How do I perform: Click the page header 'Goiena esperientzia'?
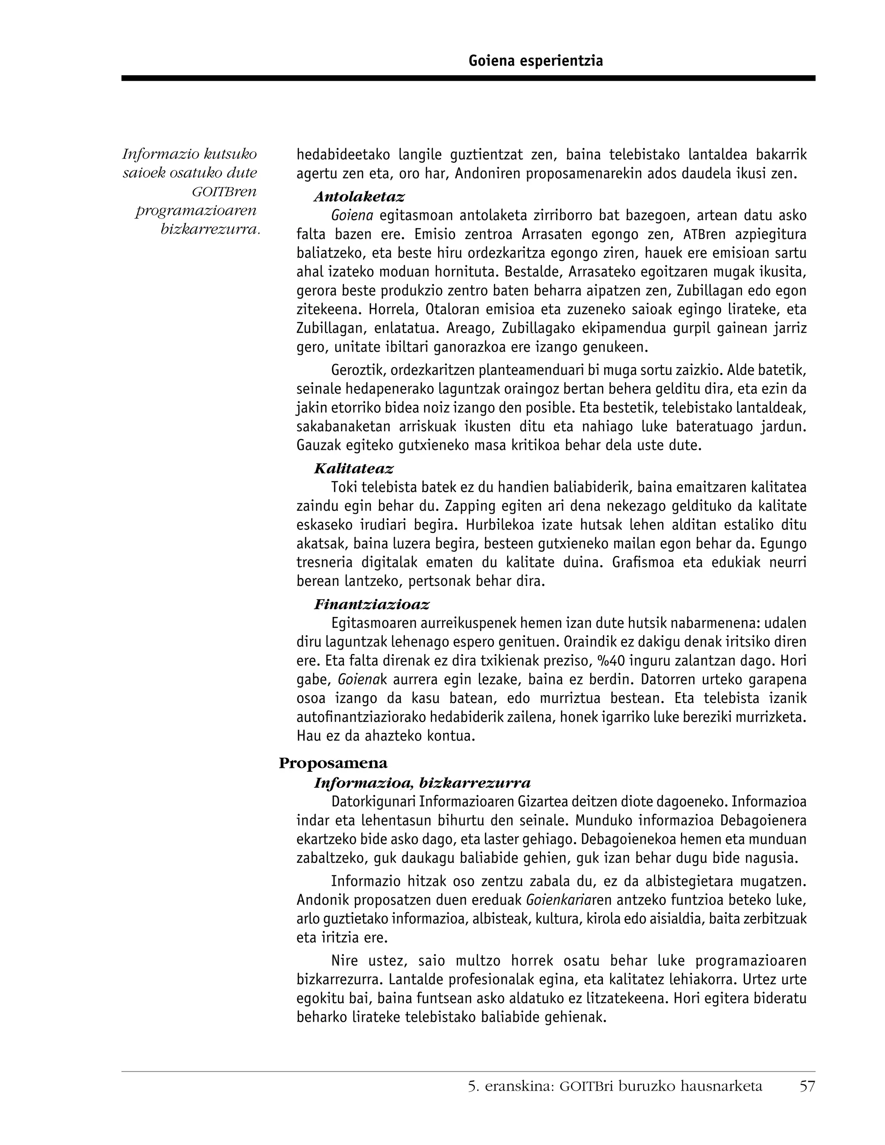tap(535, 61)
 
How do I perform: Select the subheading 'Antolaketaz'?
tap(359, 197)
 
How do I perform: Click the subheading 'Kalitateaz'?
tap(353, 468)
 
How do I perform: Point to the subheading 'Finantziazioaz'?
tap(371, 604)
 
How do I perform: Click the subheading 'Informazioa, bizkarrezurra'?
tap(422, 783)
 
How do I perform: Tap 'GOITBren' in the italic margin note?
tap(224, 192)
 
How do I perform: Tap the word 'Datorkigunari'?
tap(373, 802)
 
